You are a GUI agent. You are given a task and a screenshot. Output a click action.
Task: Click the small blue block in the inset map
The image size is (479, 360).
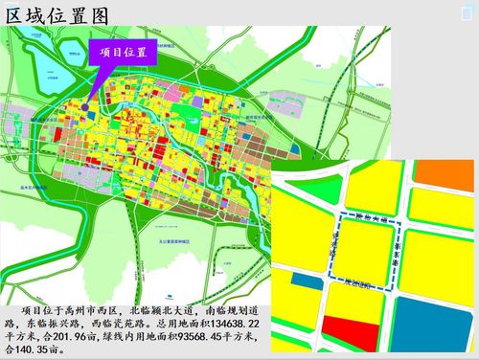point(305,281)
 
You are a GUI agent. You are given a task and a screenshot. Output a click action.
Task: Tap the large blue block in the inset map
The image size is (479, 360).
point(437,321)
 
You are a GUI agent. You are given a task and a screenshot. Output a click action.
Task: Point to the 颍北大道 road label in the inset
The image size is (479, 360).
point(369,219)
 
